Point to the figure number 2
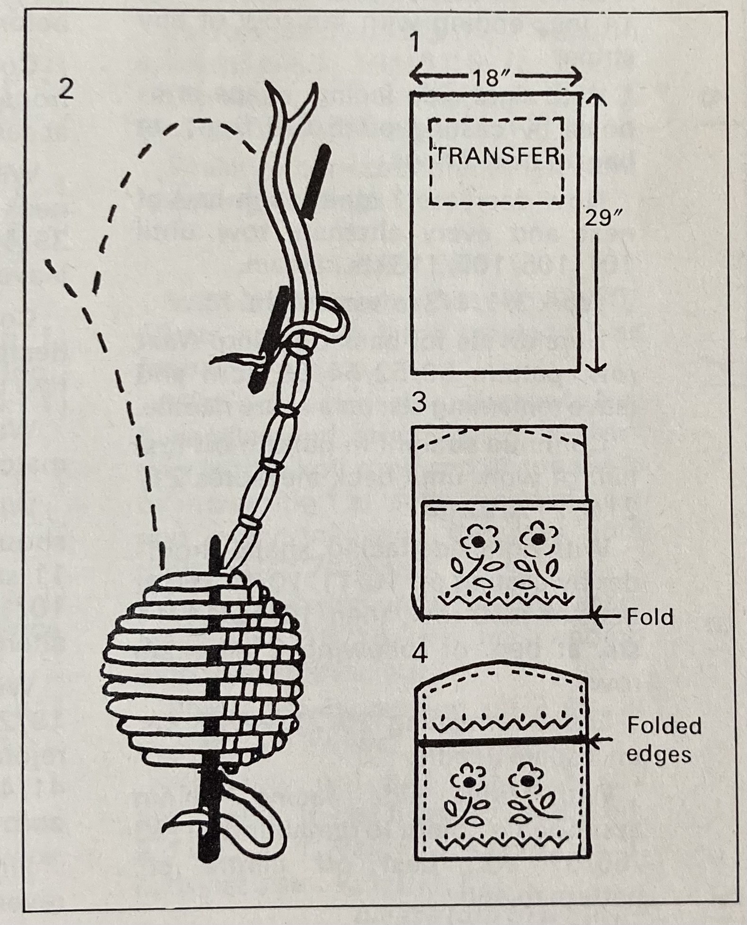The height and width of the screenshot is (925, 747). click(66, 89)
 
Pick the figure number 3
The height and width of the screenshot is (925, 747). click(418, 402)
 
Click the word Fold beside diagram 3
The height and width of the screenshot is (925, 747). click(649, 616)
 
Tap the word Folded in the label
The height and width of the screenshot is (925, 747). click(664, 726)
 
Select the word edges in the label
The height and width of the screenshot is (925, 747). click(659, 754)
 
